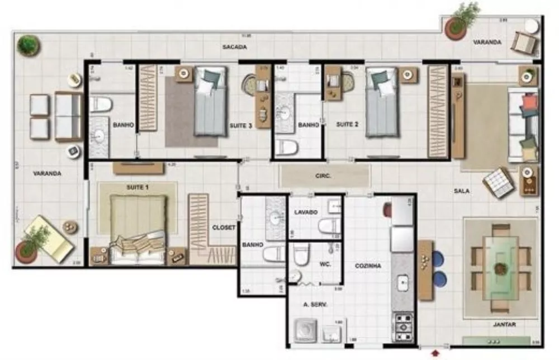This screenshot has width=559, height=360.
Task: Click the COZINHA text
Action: click(x=368, y=266)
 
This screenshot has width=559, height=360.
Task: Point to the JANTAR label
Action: click(x=504, y=325)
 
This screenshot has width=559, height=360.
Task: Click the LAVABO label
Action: click(x=306, y=212)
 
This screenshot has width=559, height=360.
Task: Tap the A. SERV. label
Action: click(x=314, y=304)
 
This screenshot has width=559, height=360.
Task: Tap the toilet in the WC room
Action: click(x=302, y=254)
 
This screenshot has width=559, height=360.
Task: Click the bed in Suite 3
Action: click(x=210, y=102)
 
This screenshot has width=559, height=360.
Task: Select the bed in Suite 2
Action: click(x=382, y=102)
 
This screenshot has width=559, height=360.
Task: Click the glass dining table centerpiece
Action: click(x=501, y=268)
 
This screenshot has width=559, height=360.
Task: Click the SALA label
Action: click(x=461, y=191)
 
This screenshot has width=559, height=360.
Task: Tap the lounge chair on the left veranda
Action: click(x=49, y=238)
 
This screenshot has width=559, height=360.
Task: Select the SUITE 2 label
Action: click(x=347, y=124)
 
